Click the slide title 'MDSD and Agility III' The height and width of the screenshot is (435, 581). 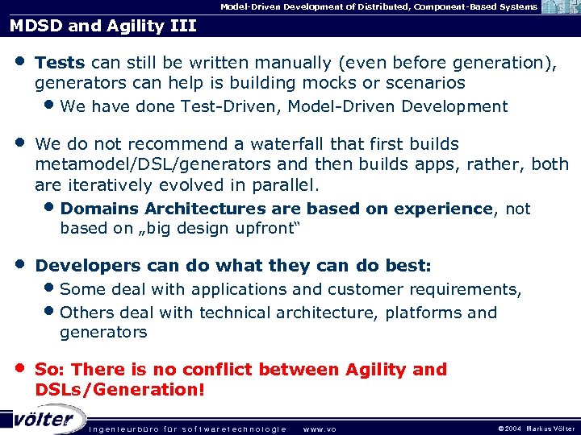coord(102,25)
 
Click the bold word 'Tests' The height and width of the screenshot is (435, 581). coord(61,63)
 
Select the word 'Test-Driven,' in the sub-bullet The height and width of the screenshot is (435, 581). coord(236,107)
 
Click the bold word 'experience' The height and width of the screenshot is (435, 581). coord(442,209)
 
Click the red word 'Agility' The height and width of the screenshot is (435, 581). coord(395,370)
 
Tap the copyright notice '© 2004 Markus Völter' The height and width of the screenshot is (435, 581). coord(528,428)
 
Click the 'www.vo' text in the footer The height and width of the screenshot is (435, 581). coord(319,429)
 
